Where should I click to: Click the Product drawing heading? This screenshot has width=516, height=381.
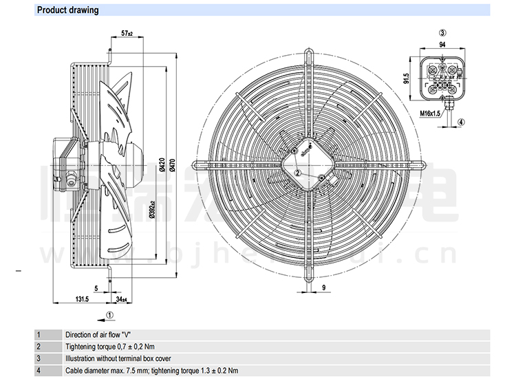coord(67,10)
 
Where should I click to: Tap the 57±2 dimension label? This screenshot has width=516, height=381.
coord(127,33)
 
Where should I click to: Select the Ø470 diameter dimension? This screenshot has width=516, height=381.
coord(172,164)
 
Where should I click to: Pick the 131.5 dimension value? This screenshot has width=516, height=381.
coord(83,300)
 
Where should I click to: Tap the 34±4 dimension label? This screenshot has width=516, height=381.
coord(120,300)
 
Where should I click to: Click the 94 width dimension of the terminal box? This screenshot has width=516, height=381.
coord(442,44)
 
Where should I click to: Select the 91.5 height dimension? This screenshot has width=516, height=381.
coord(407,78)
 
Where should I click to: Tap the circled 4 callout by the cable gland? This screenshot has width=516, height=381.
coord(461,122)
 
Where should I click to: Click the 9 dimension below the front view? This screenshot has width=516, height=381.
coord(323,287)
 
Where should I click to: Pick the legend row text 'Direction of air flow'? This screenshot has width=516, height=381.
coord(98,334)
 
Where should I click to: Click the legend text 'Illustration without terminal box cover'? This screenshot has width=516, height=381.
coord(118,358)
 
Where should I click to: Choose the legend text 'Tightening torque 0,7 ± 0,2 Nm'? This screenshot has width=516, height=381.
coord(110,347)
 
